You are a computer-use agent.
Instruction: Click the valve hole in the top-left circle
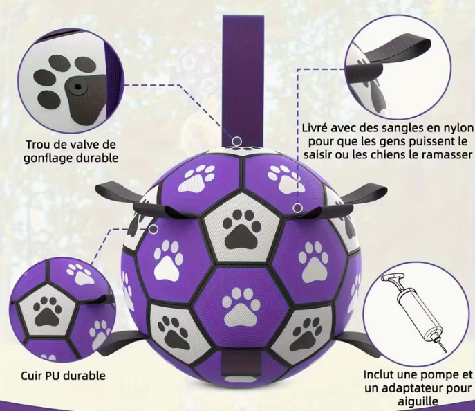click(78, 87)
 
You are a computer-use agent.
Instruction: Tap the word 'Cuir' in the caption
click(31, 376)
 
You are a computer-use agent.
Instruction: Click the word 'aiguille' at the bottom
click(418, 401)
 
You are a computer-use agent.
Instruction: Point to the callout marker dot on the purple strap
click(237, 141)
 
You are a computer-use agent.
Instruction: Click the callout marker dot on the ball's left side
click(153, 229)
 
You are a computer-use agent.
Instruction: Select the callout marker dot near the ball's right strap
click(298, 208)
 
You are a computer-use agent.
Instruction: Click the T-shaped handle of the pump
click(393, 279)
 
